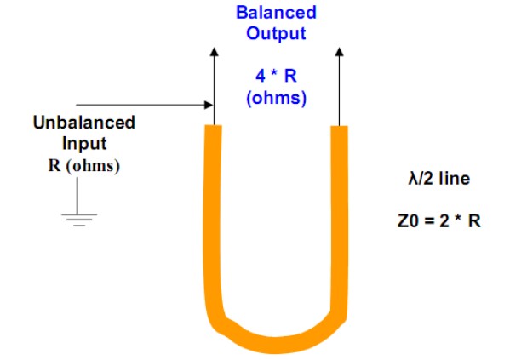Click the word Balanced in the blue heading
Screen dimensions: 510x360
(276, 13)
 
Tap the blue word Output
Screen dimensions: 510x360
(276, 33)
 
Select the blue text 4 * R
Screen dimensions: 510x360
(276, 76)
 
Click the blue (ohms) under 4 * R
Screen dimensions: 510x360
(277, 98)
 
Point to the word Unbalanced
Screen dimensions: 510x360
(84, 123)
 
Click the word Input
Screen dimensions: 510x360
(84, 144)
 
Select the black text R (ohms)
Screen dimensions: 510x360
(84, 165)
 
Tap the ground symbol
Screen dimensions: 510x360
(79, 220)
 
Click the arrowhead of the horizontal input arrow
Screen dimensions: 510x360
(209, 105)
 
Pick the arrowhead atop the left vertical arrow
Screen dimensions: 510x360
(214, 52)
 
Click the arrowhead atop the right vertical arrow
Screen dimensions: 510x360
(339, 52)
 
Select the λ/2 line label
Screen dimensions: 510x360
(439, 179)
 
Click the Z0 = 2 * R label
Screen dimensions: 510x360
(439, 221)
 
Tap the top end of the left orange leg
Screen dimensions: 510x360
(214, 126)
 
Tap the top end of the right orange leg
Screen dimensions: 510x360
(339, 127)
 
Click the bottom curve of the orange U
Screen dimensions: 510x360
(277, 345)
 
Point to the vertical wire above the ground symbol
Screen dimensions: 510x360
(77, 195)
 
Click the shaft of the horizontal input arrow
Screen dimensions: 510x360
(140, 105)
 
